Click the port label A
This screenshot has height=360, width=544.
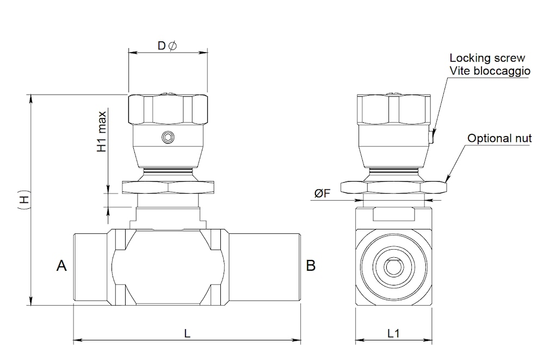tap(61, 266)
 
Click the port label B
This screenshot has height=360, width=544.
tap(311, 266)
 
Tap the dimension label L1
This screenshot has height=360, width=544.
tap(393, 334)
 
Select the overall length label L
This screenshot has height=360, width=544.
tap(187, 334)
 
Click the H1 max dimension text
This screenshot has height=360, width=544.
tap(101, 132)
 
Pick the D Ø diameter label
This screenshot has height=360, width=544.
tap(167, 46)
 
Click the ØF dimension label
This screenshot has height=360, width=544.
tap(322, 193)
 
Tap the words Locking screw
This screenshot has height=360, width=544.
tap(487, 58)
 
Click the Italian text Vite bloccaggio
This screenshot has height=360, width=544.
tap(490, 71)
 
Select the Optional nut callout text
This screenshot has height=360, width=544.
tap(499, 138)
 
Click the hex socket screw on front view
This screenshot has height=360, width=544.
tap(168, 138)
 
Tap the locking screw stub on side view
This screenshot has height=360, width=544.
tap(431, 137)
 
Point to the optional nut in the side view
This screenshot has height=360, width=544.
tap(393, 187)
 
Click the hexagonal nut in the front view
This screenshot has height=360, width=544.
tap(168, 187)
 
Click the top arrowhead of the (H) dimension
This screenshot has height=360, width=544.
tap(31, 98)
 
